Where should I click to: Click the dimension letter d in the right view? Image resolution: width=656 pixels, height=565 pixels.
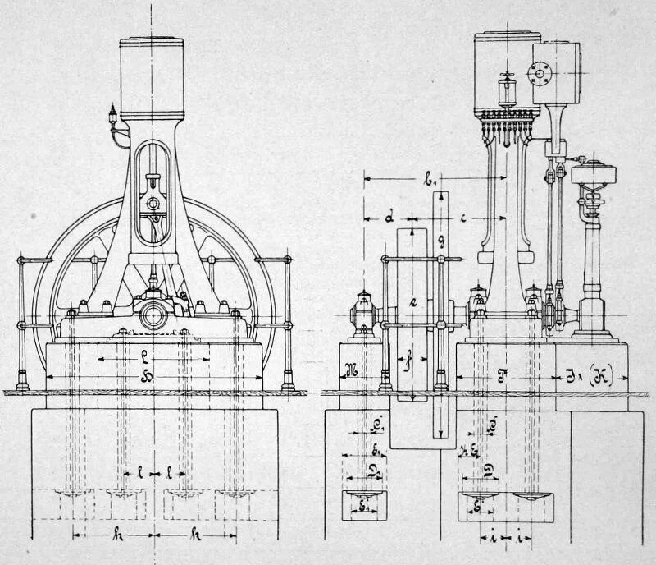point(390,218)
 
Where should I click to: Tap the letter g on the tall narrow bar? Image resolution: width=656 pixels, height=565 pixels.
point(441,240)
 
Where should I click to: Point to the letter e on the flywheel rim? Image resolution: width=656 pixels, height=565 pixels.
point(413,301)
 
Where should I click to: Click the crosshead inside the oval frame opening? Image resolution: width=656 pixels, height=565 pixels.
point(150,201)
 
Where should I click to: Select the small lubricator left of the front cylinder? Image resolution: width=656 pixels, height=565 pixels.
point(112,116)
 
